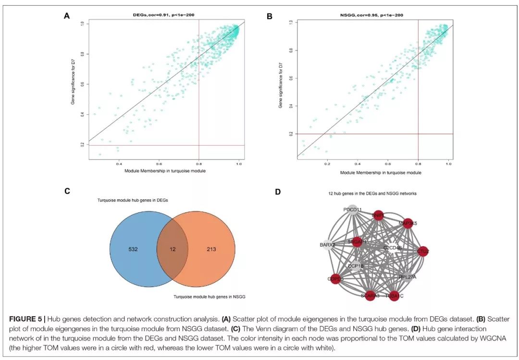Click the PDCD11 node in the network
(x=352, y=210)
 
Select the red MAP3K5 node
(x=408, y=223)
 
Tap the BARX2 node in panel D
(x=327, y=244)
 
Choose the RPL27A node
(x=407, y=277)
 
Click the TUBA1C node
(x=394, y=296)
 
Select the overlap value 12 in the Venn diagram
(x=172, y=249)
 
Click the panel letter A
(x=67, y=16)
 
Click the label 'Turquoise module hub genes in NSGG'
(x=209, y=297)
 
